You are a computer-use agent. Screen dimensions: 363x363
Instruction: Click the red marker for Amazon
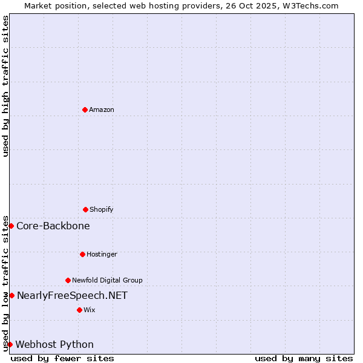click(x=85, y=110)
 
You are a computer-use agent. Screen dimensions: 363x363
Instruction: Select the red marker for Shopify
click(x=85, y=209)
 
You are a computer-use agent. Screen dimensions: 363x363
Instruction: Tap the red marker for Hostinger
click(x=82, y=254)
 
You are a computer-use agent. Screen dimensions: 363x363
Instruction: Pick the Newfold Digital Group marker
click(x=68, y=280)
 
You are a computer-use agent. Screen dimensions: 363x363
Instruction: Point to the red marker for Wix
click(x=79, y=310)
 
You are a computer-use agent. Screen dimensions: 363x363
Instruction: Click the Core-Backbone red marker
click(x=11, y=226)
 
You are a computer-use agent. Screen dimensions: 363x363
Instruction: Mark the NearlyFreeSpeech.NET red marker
click(x=11, y=295)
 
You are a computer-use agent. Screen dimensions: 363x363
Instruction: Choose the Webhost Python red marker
click(x=10, y=344)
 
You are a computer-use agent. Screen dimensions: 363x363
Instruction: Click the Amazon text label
click(x=102, y=110)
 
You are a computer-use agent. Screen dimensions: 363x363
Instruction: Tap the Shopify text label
click(x=102, y=209)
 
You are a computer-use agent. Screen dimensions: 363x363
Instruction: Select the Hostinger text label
click(x=102, y=254)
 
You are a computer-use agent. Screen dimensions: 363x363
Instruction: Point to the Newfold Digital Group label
click(x=107, y=280)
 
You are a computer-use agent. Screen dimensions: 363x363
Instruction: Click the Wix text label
click(x=90, y=310)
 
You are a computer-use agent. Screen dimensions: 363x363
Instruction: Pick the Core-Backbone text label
click(x=53, y=226)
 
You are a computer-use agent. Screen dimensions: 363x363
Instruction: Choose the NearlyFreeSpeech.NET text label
click(x=72, y=295)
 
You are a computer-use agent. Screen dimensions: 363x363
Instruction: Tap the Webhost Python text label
click(x=54, y=344)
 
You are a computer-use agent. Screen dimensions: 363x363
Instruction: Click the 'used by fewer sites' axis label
click(x=62, y=358)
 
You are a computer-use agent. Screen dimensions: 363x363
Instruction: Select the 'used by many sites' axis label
click(x=304, y=358)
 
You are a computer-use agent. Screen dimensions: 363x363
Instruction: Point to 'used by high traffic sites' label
click(x=5, y=86)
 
